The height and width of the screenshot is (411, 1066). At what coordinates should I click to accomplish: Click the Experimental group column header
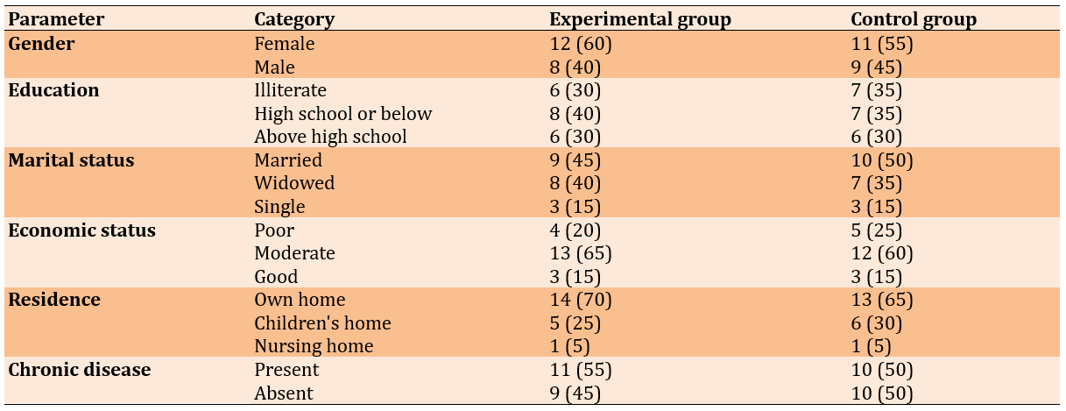[x=640, y=19]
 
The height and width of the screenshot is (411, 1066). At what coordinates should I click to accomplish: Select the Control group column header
[x=914, y=19]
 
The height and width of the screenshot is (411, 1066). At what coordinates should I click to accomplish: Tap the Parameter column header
[x=56, y=19]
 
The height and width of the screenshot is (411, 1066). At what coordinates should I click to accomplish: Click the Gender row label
[x=41, y=44]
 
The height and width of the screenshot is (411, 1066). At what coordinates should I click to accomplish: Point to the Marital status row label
[x=71, y=160]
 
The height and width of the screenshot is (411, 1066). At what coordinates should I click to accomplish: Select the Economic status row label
[x=81, y=230]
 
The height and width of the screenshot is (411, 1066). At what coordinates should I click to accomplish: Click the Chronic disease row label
[x=80, y=370]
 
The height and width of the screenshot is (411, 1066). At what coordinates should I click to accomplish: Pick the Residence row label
[x=54, y=300]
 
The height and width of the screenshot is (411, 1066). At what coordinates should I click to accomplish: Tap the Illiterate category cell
[x=290, y=90]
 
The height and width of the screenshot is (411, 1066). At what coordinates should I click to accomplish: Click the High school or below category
[x=343, y=114]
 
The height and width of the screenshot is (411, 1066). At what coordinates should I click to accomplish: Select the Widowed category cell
[x=294, y=183]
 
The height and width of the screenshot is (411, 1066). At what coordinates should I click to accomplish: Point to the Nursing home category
[x=314, y=346]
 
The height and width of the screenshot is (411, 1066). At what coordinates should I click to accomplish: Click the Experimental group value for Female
[x=581, y=44]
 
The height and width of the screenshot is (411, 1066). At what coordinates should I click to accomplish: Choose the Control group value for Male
[x=877, y=67]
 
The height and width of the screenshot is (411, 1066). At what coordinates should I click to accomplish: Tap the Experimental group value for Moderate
[x=581, y=253]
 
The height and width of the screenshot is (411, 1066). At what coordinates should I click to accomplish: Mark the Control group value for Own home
[x=882, y=300]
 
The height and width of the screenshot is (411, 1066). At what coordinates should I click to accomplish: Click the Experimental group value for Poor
[x=575, y=230]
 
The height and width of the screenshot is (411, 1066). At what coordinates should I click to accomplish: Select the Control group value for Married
[x=882, y=160]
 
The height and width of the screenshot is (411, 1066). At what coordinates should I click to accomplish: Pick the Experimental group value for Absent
[x=575, y=393]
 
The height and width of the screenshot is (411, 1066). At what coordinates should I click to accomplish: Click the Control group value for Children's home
[x=877, y=323]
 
